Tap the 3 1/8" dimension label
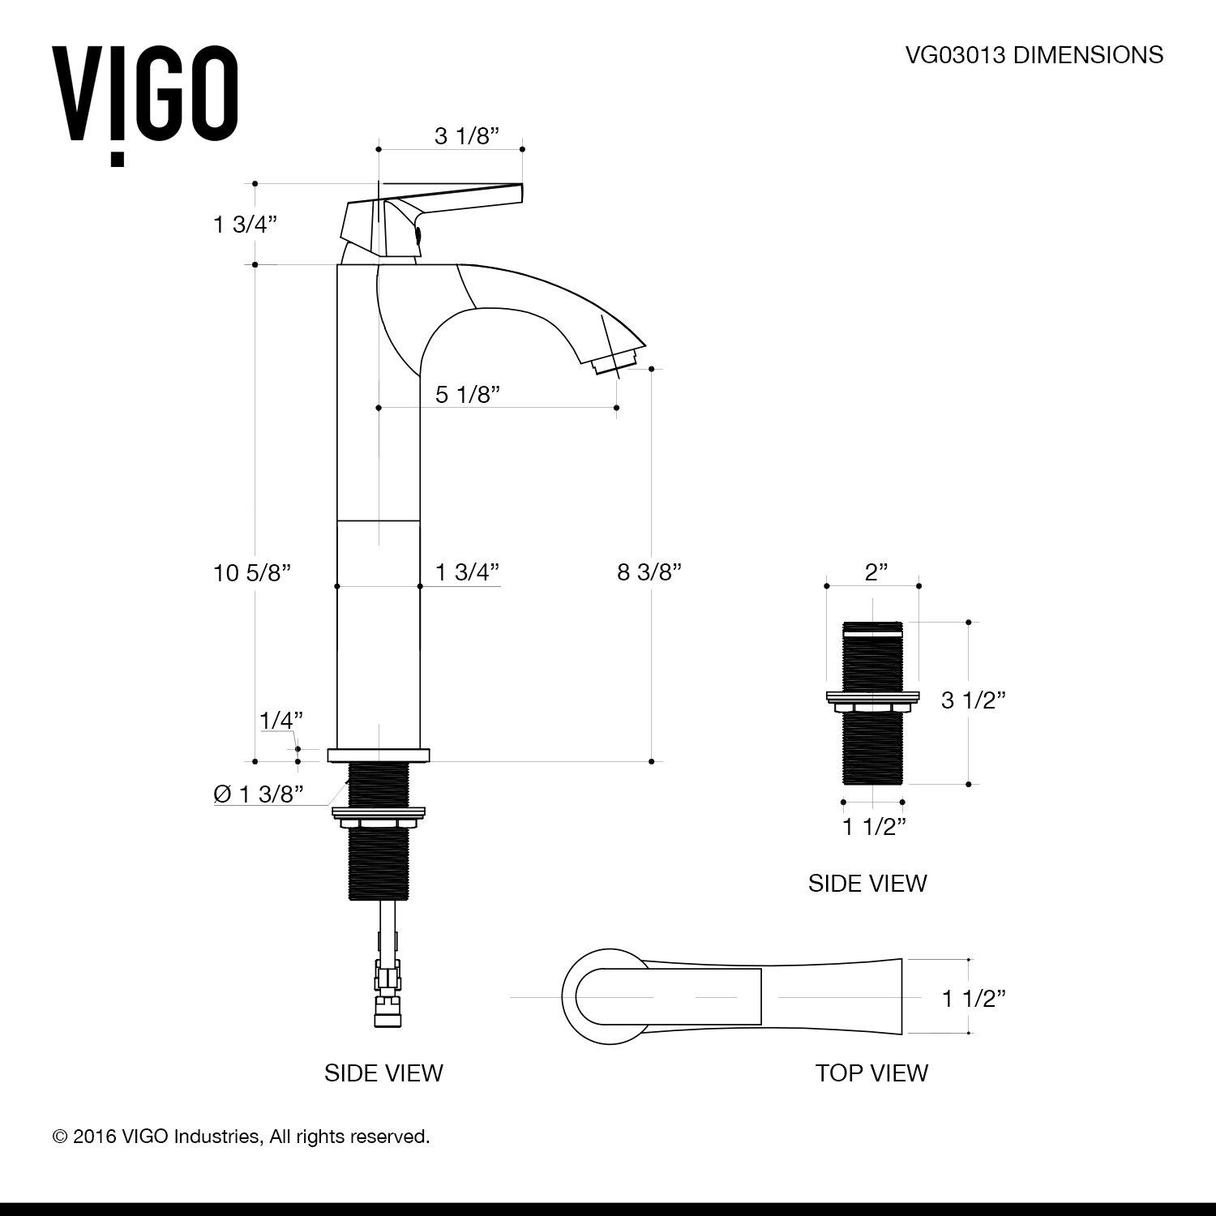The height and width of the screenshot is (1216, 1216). pyautogui.click(x=465, y=136)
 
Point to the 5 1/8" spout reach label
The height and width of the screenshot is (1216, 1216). pyautogui.click(x=467, y=395)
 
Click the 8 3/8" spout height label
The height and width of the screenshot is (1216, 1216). pyautogui.click(x=649, y=572)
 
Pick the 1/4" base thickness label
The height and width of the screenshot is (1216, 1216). pyautogui.click(x=281, y=719)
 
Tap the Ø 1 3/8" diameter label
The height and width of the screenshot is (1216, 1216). pyautogui.click(x=259, y=794)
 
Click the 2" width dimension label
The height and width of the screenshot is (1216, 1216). pyautogui.click(x=872, y=573)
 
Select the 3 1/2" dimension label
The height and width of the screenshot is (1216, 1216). pyautogui.click(x=973, y=700)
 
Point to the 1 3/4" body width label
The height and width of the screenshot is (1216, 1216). pyautogui.click(x=467, y=572)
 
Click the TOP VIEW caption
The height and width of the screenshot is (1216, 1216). pyautogui.click(x=871, y=1073)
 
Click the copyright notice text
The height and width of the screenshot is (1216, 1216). pyautogui.click(x=241, y=1137)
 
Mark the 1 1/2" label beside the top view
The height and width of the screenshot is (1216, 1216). pyautogui.click(x=973, y=998)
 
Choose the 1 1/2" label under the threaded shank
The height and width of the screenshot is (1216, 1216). pyautogui.click(x=873, y=827)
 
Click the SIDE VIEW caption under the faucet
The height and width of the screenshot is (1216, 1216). pyautogui.click(x=383, y=1073)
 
